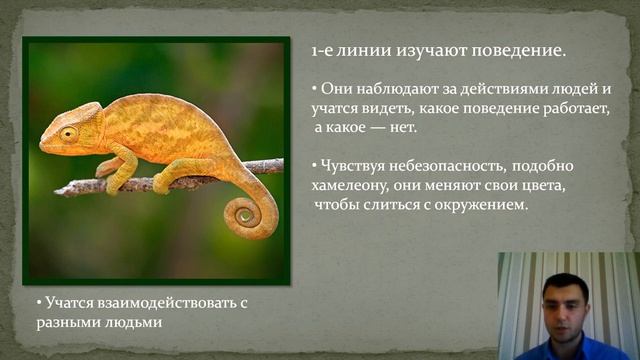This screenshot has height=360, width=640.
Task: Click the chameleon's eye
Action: click(68, 133)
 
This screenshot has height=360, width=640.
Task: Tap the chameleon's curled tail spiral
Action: click(243, 213)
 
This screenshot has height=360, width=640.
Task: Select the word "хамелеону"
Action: click(353, 185)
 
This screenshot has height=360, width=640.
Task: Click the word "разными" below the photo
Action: click(66, 322)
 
